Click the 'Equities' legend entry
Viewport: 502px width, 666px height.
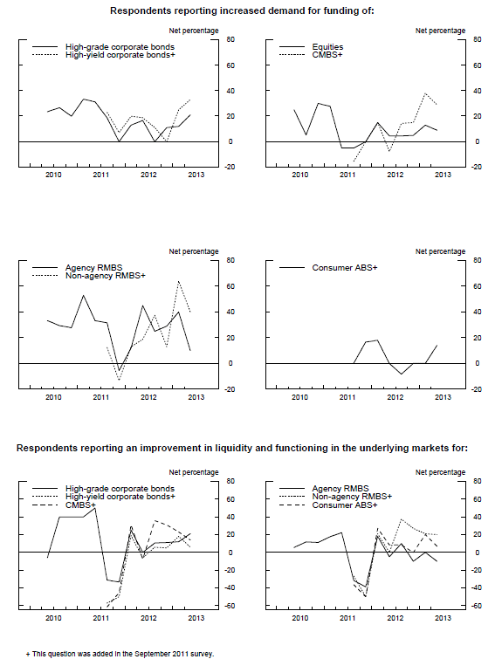pos(327,47)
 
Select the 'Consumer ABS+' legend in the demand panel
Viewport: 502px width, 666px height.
pos(345,268)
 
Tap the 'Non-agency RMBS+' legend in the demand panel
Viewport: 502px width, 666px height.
pos(106,276)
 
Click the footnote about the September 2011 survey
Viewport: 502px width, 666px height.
pos(120,654)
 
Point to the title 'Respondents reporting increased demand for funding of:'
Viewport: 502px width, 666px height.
pos(242,10)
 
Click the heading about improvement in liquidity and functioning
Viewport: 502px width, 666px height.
pos(242,448)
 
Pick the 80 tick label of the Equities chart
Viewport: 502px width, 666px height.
pos(478,39)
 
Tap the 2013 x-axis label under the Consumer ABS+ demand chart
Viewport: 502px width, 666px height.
pos(443,397)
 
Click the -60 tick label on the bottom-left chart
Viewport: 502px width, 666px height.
pos(230,606)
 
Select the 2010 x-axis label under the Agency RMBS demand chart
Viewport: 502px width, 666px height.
pos(53,397)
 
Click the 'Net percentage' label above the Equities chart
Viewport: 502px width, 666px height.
pos(440,31)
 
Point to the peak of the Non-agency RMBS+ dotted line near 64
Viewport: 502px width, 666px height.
pos(179,281)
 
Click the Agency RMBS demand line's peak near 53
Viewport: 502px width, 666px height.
pos(83,295)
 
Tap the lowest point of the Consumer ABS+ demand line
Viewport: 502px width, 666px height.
pos(402,374)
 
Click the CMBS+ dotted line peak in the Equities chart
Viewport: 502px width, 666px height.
pos(424,93)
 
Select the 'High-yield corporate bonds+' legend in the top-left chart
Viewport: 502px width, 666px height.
pos(120,55)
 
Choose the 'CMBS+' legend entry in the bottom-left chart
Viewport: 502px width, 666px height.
pos(80,505)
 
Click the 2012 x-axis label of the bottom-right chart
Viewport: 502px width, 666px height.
pos(395,618)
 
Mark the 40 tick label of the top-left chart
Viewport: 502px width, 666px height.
pos(230,91)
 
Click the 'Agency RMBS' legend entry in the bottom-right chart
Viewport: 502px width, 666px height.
pos(340,489)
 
